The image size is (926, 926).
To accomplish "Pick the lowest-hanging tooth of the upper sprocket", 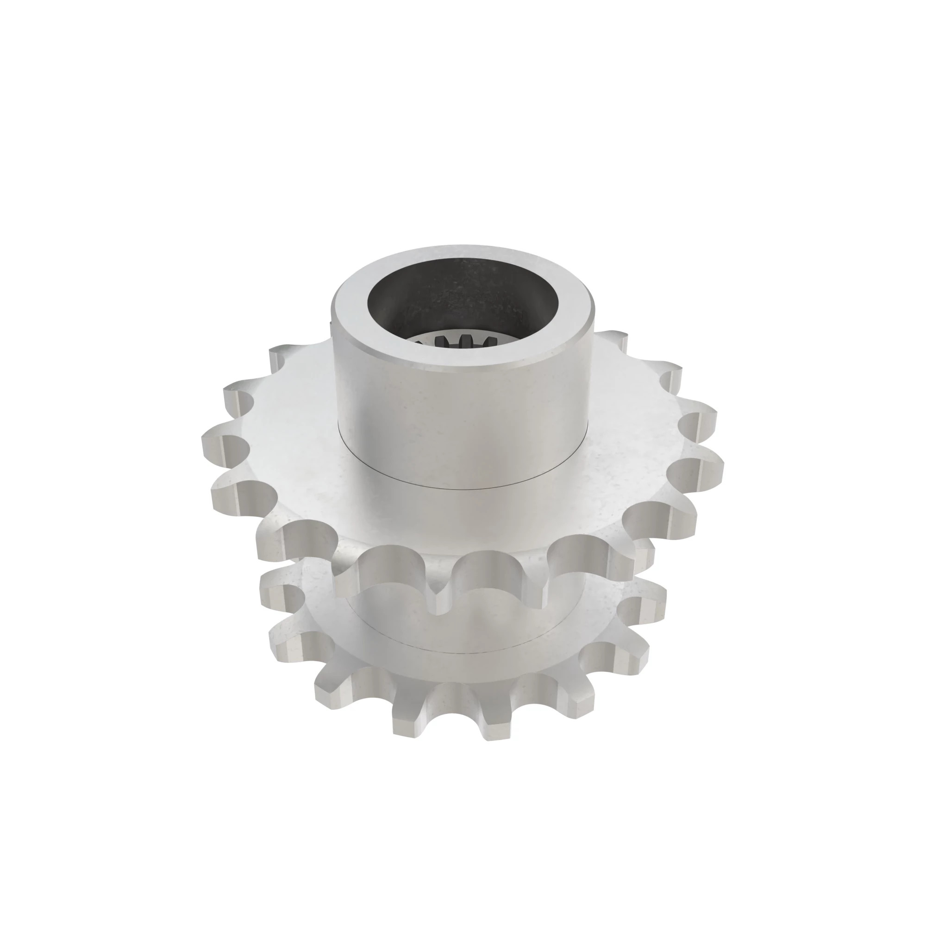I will point(441,607).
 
